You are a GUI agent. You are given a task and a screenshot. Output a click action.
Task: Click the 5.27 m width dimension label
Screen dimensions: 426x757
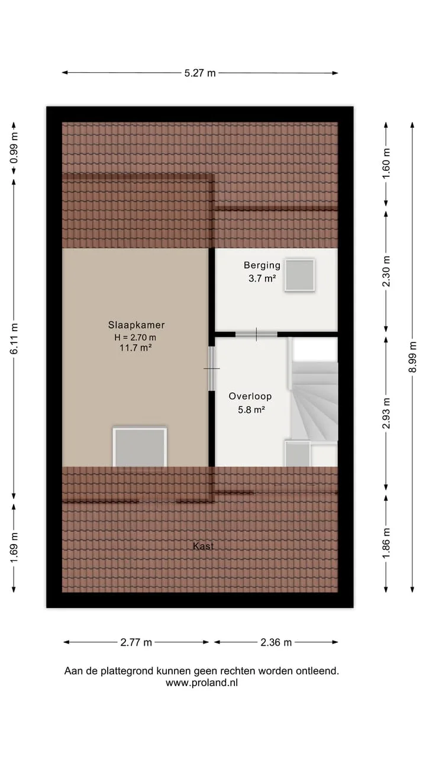tap(200, 73)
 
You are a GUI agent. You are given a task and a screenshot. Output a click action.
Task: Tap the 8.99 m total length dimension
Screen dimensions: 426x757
tap(412, 357)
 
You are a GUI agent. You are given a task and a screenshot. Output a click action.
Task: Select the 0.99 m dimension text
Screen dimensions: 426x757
tap(14, 148)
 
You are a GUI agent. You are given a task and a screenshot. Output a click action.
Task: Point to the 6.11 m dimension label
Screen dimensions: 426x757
tap(14, 339)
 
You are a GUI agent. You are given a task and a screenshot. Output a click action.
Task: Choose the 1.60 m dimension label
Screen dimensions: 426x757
tap(386, 163)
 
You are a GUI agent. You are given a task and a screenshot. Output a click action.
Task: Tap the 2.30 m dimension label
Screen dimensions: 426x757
tap(386, 271)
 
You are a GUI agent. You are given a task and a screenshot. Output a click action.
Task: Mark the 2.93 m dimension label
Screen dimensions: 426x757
tap(386, 413)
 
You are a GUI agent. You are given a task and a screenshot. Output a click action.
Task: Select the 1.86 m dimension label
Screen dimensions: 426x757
tap(386, 544)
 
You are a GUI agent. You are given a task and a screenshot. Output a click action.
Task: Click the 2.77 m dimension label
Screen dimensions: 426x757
tap(136, 642)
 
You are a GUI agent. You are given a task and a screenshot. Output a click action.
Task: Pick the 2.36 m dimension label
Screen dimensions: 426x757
tap(276, 642)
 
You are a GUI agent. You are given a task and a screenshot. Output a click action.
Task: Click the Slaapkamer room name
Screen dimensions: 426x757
tap(136, 325)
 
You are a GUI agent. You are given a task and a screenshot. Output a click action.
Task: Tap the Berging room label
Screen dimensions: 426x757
tap(262, 266)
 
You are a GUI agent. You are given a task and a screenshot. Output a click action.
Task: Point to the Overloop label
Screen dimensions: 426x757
tap(250, 396)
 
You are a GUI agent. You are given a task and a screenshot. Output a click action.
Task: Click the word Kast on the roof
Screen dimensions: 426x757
tap(203, 546)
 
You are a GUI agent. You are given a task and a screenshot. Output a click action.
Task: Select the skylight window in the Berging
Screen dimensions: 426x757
tap(299, 275)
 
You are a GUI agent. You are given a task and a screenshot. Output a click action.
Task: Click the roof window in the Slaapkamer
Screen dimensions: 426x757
tap(140, 447)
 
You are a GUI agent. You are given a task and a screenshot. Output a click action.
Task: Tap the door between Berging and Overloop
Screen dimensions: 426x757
tap(256, 335)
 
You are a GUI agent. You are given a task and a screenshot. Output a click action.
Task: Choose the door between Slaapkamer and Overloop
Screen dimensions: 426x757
tap(212, 368)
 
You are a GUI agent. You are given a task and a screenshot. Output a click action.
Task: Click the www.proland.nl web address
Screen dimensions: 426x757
tap(202, 682)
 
